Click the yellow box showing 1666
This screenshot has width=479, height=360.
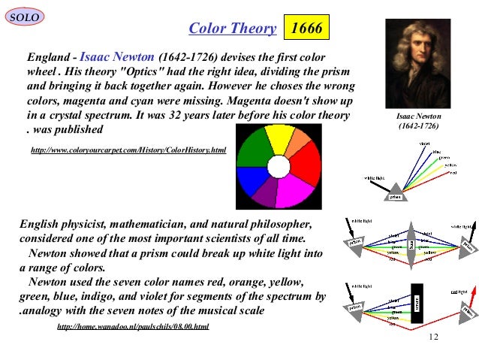[x=306, y=29]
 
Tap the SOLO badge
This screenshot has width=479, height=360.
[x=23, y=17]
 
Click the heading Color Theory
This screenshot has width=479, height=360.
[x=232, y=29]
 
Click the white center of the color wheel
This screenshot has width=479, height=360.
[x=279, y=166]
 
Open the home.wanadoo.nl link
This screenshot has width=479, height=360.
[x=133, y=326]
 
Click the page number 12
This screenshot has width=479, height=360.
[x=432, y=335]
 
